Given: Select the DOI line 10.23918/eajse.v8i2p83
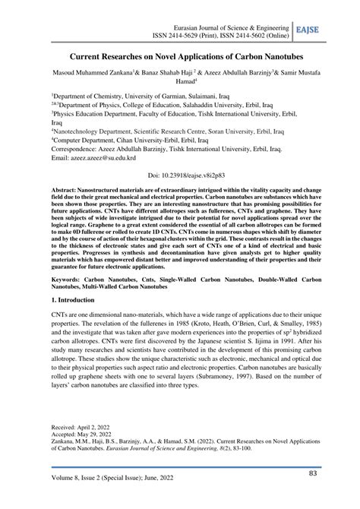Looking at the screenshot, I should [x=179, y=174].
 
